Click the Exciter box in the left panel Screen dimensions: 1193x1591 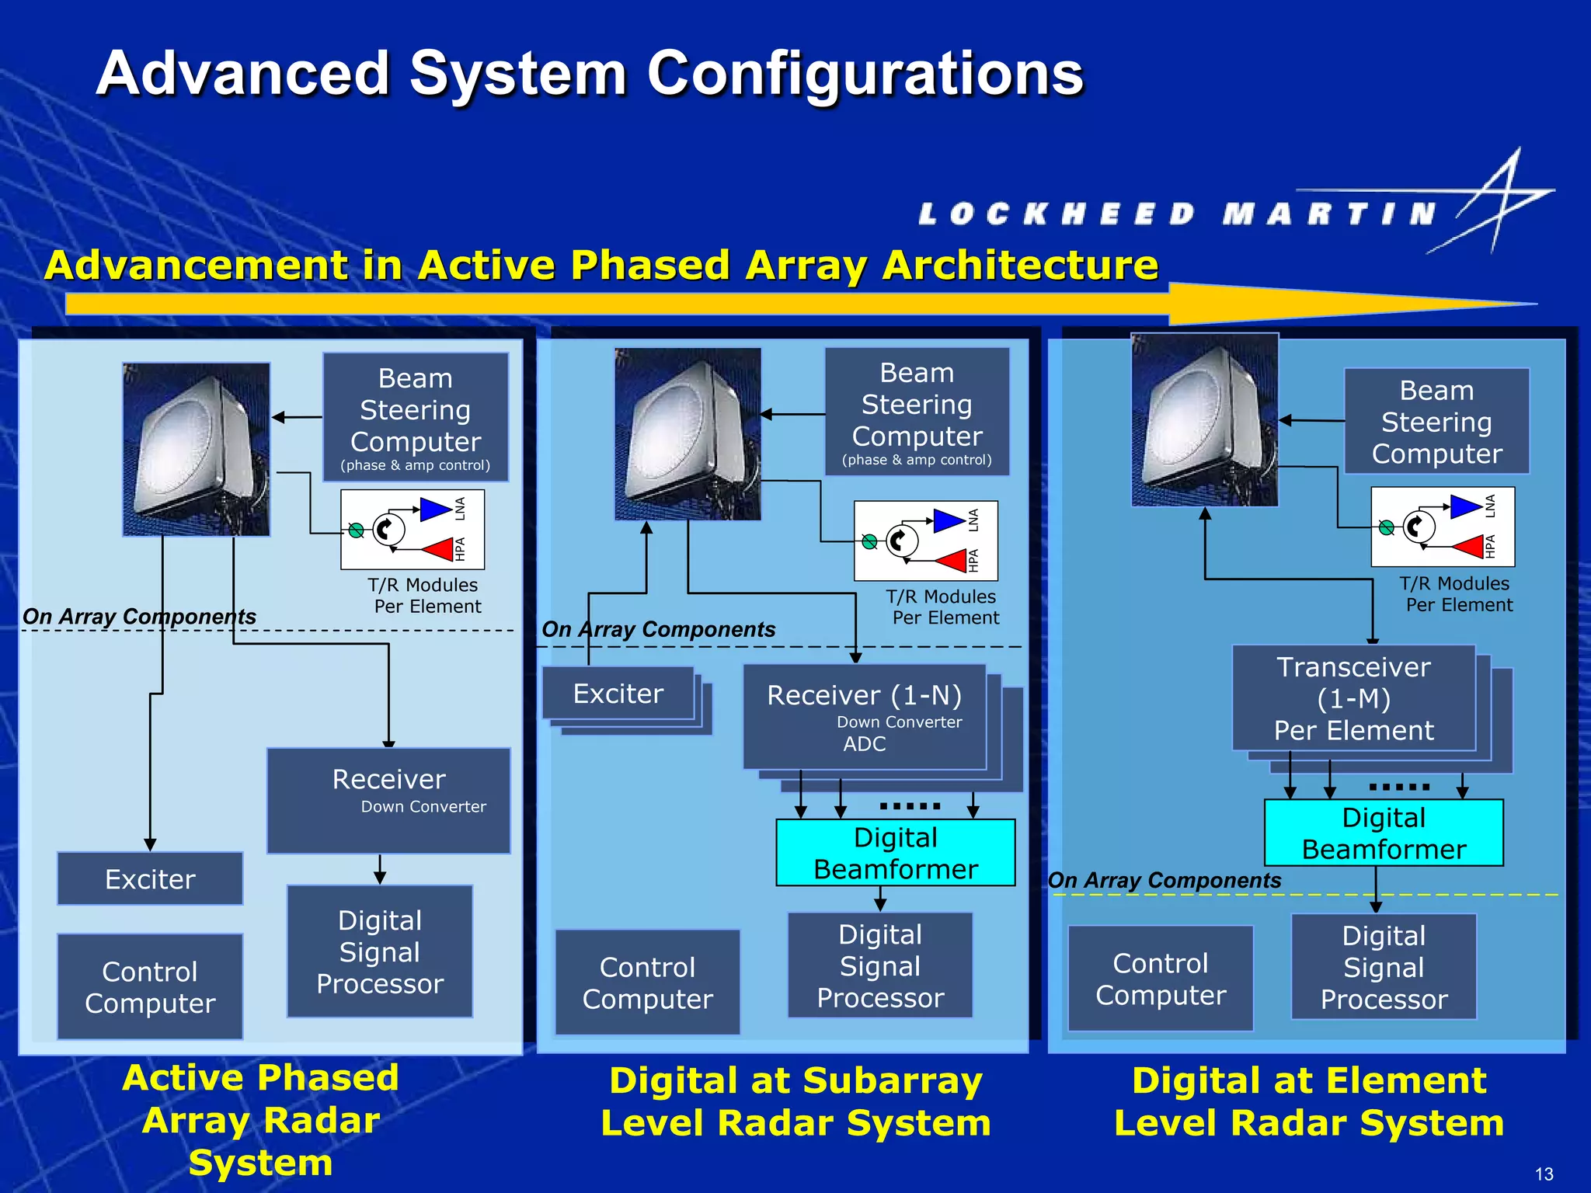point(150,879)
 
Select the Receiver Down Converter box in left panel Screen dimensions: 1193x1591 point(388,800)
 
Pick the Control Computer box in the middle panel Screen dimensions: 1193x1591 point(647,983)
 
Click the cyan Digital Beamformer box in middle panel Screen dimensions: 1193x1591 point(895,853)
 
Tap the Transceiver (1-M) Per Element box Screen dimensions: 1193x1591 point(1353,698)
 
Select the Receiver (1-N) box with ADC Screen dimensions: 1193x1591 point(864,717)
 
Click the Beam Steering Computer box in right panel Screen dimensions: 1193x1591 point(1436,422)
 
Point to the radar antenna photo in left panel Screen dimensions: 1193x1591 point(197,449)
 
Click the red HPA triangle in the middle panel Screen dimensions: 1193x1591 point(952,560)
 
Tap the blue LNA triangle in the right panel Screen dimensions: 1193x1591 point(1465,507)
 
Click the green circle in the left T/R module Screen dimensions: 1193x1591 point(356,530)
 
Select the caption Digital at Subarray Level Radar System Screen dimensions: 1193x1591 point(795,1101)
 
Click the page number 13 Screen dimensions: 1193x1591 point(1544,1174)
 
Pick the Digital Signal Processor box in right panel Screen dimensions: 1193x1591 point(1384,967)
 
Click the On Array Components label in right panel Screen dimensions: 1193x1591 point(1164,880)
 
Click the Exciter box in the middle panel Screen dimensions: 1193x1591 point(618,694)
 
